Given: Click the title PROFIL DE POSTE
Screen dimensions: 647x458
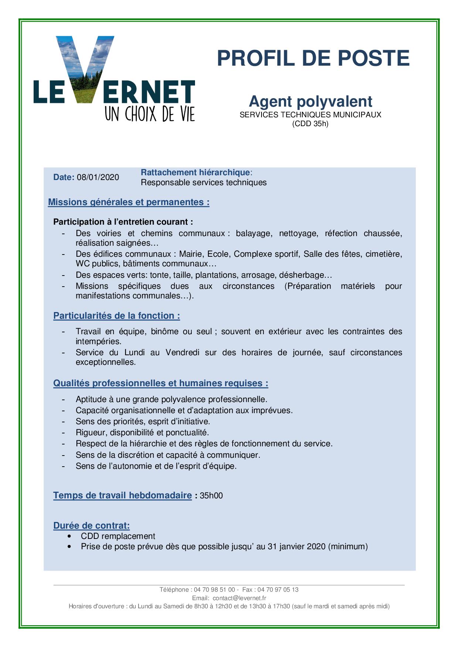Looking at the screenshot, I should tap(313, 58).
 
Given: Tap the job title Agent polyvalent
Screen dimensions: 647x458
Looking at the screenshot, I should tap(310, 101).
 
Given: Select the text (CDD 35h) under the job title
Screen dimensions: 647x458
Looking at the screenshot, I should tap(310, 124).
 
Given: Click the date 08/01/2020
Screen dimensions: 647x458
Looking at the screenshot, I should tap(98, 177).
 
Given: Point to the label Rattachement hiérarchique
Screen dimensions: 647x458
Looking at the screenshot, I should tap(195, 173).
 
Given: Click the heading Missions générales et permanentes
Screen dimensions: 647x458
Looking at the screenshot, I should tap(129, 202).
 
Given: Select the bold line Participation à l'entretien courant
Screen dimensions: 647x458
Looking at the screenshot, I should tap(123, 222).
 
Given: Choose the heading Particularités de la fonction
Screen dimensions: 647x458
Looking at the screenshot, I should tap(116, 316).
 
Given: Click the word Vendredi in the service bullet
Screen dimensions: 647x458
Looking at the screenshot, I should tap(182, 353).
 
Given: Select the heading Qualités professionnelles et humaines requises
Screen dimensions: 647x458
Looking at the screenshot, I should tap(161, 383).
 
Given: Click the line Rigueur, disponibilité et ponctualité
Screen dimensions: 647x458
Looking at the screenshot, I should tap(142, 433).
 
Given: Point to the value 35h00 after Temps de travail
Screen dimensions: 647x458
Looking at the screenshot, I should tap(211, 496).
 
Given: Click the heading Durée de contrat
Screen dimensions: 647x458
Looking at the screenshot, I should tap(92, 526).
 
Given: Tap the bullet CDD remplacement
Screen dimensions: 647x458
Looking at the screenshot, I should tap(118, 536).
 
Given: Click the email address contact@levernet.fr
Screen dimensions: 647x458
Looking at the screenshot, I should tap(239, 598).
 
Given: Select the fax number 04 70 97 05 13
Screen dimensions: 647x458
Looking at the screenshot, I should tap(278, 590).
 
